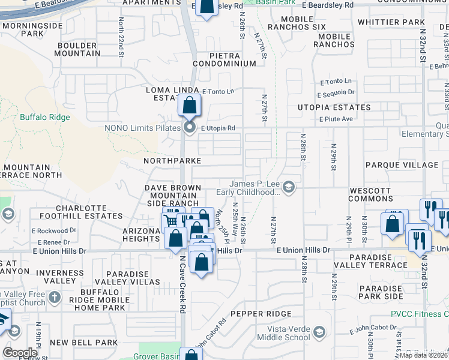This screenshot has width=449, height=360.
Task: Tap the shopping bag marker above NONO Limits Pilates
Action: click(189, 106)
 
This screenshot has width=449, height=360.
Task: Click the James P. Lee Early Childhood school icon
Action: click(289, 188)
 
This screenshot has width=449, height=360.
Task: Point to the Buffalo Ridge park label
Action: click(44, 118)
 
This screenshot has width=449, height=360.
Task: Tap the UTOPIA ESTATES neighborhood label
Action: click(334, 107)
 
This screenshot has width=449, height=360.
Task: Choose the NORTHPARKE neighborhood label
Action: click(172, 161)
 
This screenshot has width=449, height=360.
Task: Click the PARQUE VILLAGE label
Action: click(402, 165)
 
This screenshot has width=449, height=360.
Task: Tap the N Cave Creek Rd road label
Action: click(182, 286)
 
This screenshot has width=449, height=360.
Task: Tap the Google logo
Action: click(20, 352)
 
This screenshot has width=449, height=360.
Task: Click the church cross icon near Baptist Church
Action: click(55, 297)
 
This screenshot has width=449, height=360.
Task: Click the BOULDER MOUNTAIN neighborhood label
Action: click(77, 49)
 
